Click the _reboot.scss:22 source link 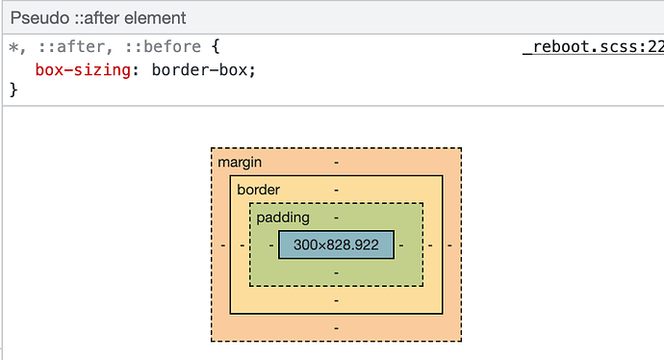[x=592, y=47]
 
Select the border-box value [x=203, y=69]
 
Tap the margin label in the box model [x=240, y=162]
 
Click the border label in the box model [x=258, y=190]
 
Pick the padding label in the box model [x=283, y=218]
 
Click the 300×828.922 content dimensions [x=336, y=245]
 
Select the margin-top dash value [x=336, y=162]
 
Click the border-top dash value [x=336, y=190]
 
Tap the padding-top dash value [x=336, y=218]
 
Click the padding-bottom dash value [x=336, y=272]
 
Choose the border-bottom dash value [x=336, y=300]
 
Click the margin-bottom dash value [x=336, y=328]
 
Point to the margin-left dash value [x=222, y=245]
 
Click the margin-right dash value [x=449, y=245]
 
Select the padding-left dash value [x=271, y=245]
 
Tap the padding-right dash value [x=400, y=245]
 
